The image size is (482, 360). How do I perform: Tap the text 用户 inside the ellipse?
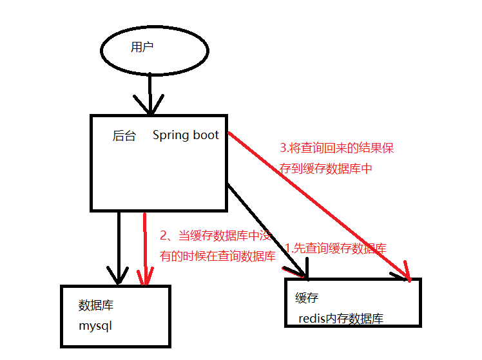(142, 47)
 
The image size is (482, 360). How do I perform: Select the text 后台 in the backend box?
(124, 136)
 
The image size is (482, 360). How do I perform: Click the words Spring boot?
(186, 135)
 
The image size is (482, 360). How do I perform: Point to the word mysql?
(95, 325)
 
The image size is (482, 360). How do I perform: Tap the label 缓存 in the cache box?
(307, 298)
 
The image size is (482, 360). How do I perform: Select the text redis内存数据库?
(341, 319)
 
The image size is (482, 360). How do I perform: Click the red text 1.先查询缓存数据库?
(336, 249)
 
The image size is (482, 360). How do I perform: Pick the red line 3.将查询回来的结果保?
(336, 148)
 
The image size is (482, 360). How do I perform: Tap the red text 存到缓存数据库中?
(327, 169)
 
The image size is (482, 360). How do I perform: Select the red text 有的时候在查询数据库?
(218, 256)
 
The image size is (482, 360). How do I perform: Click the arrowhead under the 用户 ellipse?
(149, 106)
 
